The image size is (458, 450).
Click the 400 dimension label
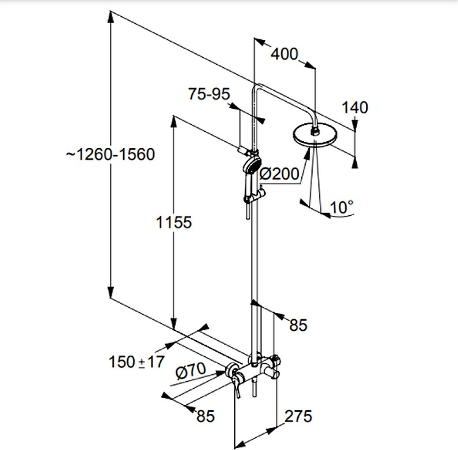pyautogui.click(x=285, y=54)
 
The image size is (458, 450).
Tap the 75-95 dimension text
pyautogui.click(x=209, y=94)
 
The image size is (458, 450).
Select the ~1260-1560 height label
pyautogui.click(x=110, y=154)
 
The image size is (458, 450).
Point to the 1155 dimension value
pyautogui.click(x=174, y=222)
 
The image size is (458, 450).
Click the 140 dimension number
pyautogui.click(x=355, y=108)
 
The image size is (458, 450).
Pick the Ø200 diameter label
pyautogui.click(x=279, y=174)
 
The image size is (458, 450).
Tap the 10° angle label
pyautogui.click(x=341, y=207)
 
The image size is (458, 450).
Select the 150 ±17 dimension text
pyautogui.click(x=136, y=362)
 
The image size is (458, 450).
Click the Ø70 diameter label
pyautogui.click(x=190, y=371)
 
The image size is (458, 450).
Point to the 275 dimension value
pyautogui.click(x=298, y=416)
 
